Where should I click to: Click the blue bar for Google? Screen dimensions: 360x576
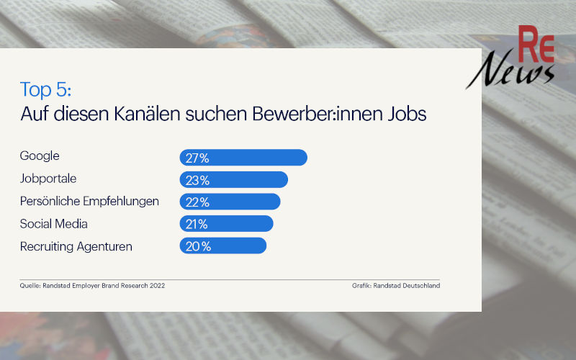pyautogui.click(x=243, y=157)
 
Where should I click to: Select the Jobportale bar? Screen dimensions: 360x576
pyautogui.click(x=233, y=179)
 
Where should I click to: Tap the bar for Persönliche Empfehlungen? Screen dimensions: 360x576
pyautogui.click(x=230, y=202)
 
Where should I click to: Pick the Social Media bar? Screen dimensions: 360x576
pyautogui.click(x=226, y=224)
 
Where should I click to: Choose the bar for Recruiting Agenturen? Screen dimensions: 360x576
pyautogui.click(x=222, y=246)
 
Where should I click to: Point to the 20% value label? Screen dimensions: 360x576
pyautogui.click(x=198, y=246)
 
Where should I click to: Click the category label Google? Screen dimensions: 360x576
pyautogui.click(x=40, y=156)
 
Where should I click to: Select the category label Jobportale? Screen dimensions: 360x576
pyautogui.click(x=48, y=179)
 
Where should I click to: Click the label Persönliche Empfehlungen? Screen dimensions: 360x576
pyautogui.click(x=89, y=201)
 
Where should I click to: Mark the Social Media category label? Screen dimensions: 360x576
pyautogui.click(x=54, y=224)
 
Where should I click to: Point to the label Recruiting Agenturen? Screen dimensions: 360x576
pyautogui.click(x=76, y=246)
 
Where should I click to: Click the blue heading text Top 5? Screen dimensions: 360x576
pyautogui.click(x=46, y=90)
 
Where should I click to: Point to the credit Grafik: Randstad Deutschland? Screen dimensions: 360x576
pyautogui.click(x=395, y=286)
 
